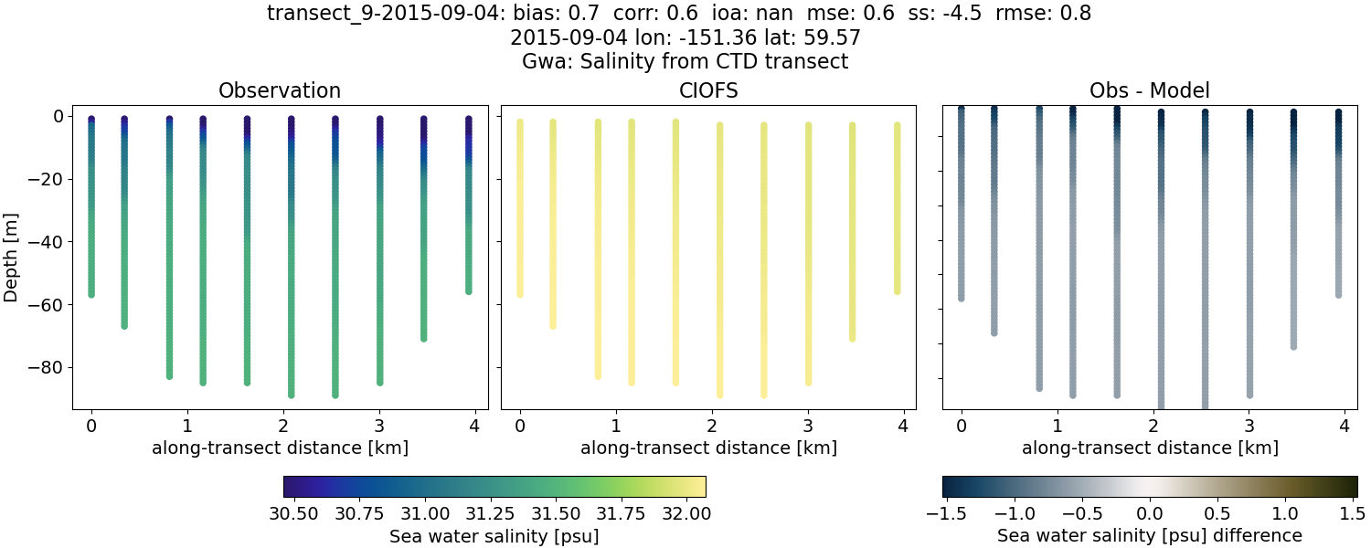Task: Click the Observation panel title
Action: click(279, 90)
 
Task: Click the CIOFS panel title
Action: click(707, 90)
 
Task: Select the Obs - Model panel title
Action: click(1149, 90)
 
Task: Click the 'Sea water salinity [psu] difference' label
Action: click(1149, 535)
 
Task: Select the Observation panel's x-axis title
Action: click(279, 448)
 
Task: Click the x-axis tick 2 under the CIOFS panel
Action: click(712, 426)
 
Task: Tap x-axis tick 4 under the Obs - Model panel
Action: click(1344, 426)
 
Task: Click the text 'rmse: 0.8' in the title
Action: click(1048, 14)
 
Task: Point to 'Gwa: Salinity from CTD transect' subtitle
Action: click(685, 62)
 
